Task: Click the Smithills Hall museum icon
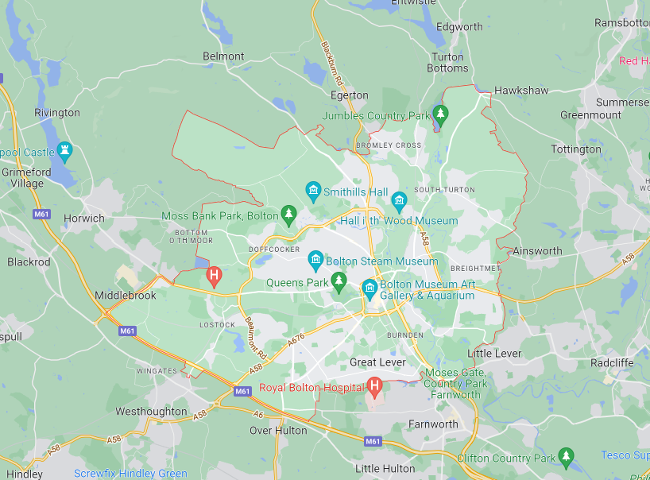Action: point(313,191)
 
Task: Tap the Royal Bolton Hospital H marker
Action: point(375,387)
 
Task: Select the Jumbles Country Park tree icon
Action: point(439,114)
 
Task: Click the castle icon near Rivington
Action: point(64,151)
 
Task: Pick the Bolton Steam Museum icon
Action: point(315,260)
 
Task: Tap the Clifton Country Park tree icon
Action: point(566,457)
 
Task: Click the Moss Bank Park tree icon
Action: point(289,215)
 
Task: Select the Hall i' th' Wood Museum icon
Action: point(399,199)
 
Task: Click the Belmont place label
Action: point(223,56)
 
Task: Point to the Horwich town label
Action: point(83,218)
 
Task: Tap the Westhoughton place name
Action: point(151,412)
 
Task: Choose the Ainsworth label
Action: point(537,250)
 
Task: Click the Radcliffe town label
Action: point(612,362)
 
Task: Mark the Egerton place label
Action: point(350,95)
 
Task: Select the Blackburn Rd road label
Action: point(332,63)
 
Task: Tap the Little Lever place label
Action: point(494,353)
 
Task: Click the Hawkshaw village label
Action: point(521,91)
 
